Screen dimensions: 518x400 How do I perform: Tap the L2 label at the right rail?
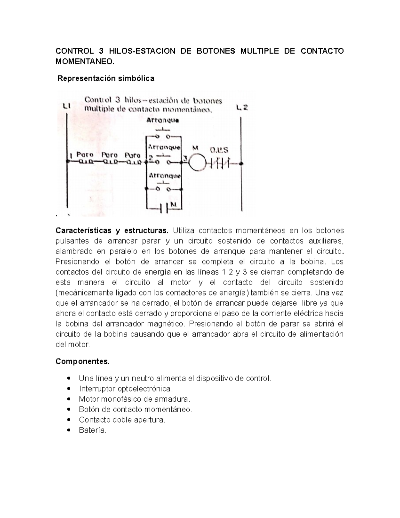point(242,107)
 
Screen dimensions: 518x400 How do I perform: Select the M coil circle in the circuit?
point(197,163)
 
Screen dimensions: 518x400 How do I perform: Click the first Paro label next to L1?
point(85,155)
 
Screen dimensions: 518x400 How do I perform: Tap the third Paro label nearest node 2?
point(132,155)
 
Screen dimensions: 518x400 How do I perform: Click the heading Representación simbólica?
point(106,79)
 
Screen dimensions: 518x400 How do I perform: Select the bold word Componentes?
point(82,362)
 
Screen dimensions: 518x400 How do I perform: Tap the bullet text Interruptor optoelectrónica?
point(126,389)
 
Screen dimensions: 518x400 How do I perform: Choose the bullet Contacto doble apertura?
point(122,420)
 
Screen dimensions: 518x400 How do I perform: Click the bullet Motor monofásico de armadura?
point(134,399)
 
